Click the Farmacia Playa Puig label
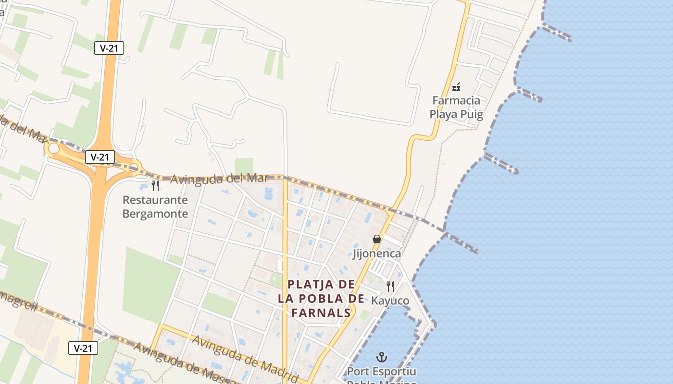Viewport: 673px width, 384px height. click(x=456, y=108)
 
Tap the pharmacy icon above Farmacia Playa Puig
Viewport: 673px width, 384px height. click(x=457, y=87)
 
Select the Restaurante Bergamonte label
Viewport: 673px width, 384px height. click(x=155, y=206)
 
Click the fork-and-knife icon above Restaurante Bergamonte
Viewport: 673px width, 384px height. click(x=155, y=185)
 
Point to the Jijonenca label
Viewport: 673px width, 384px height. click(x=377, y=253)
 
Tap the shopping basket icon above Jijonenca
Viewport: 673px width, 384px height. click(x=377, y=239)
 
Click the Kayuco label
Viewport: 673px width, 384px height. click(x=390, y=301)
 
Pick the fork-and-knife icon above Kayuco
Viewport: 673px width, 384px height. click(x=390, y=287)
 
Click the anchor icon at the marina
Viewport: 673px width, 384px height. click(x=381, y=357)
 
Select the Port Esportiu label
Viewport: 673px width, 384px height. click(x=382, y=372)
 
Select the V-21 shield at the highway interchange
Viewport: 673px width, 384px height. click(x=100, y=156)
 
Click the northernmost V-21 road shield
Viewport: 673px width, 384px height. click(x=109, y=48)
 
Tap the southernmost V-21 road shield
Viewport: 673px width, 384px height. click(x=83, y=348)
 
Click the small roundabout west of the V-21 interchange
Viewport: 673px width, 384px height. click(x=54, y=149)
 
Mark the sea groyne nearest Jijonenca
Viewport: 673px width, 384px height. click(x=461, y=243)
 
